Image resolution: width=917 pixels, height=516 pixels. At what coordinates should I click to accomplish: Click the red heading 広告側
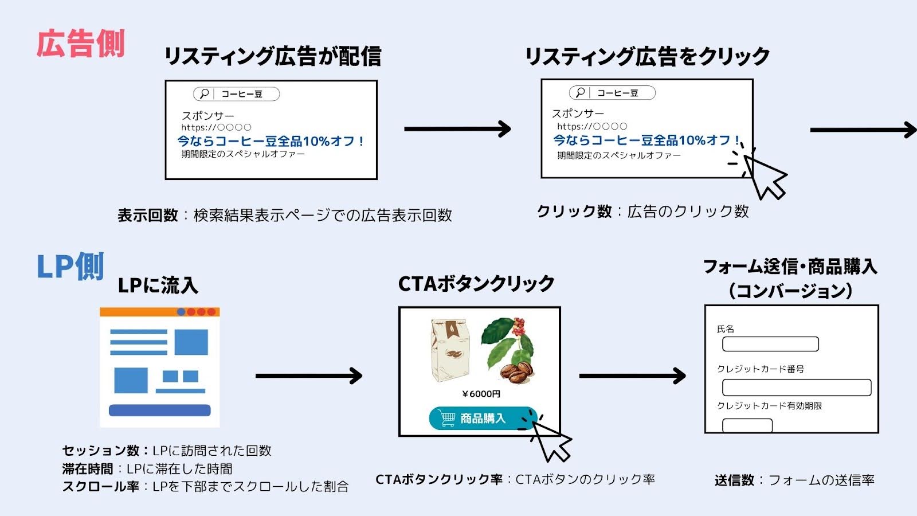coord(80,44)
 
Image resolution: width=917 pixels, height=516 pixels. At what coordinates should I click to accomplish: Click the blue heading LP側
coord(70,267)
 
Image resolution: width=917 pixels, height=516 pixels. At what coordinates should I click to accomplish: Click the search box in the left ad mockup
coord(236,94)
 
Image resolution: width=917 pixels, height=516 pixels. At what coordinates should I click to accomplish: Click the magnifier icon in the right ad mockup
coord(580,92)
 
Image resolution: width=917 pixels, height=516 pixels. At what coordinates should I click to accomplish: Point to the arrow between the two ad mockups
coord(457,129)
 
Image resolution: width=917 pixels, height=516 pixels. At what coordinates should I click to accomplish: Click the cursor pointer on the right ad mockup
coord(765,177)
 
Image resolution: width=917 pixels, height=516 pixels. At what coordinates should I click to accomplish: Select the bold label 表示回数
coord(148,216)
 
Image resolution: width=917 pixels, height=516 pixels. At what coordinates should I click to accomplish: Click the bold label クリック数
coord(574,212)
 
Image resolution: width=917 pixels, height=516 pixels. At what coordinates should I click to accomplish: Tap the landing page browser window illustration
coord(159,367)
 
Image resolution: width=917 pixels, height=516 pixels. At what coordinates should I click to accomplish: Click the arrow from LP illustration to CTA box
coord(309,376)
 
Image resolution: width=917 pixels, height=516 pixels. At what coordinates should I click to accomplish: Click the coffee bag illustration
coord(450,350)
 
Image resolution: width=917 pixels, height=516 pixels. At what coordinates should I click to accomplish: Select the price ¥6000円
coord(481,394)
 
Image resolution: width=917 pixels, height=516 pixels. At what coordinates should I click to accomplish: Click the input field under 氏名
coord(770,344)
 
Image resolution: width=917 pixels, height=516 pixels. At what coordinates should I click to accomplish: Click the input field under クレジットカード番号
coord(796,387)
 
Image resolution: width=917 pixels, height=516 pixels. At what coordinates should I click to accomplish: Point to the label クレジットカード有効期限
coord(769,406)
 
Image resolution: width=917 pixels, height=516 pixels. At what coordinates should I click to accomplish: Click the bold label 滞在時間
coord(88,469)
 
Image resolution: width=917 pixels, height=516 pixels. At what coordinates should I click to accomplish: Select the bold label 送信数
coord(734,480)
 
